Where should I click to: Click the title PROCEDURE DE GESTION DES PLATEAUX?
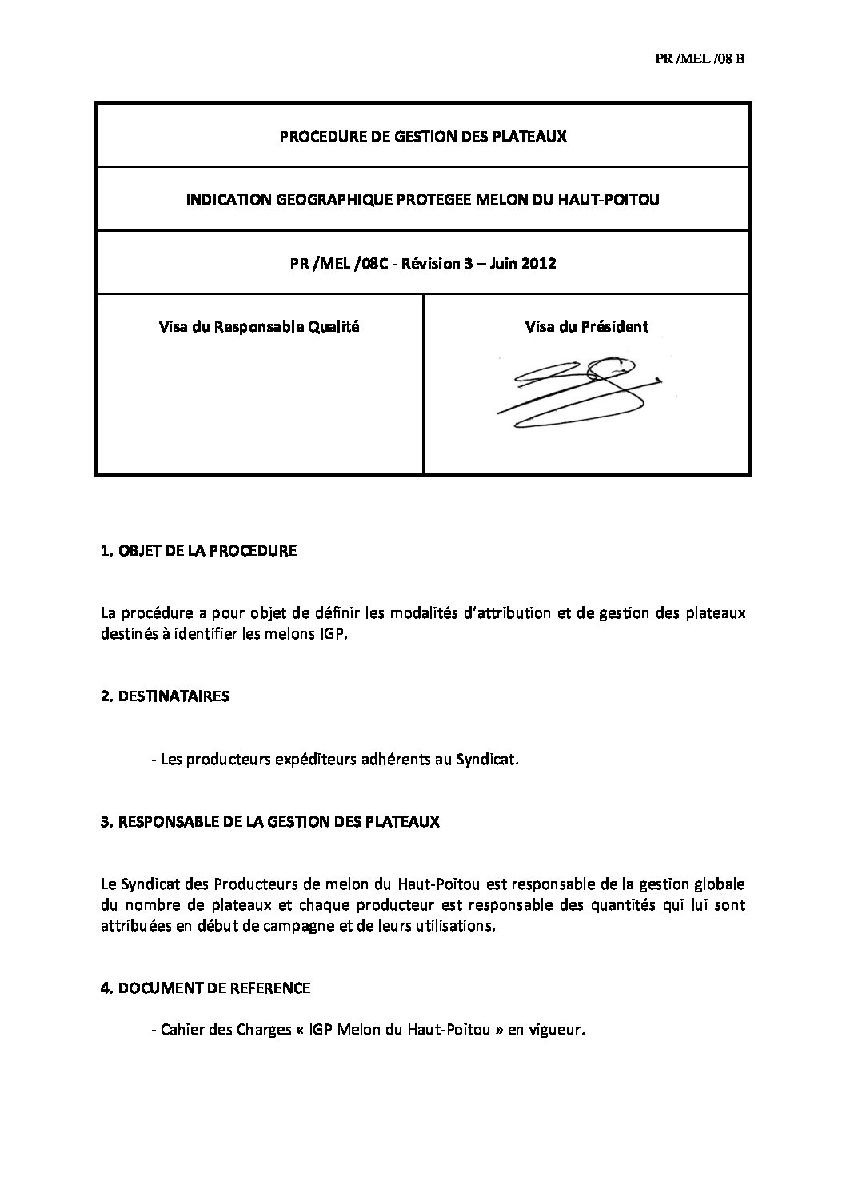click(x=422, y=136)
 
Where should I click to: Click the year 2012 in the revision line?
click(x=540, y=264)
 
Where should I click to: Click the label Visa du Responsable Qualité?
click(x=259, y=326)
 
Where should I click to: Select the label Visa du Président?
click(x=586, y=326)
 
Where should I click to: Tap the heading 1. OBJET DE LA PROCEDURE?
click(x=198, y=551)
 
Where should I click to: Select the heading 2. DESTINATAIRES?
click(x=165, y=696)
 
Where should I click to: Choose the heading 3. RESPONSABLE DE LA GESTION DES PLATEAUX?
click(x=270, y=822)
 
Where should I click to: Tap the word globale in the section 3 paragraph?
click(x=717, y=884)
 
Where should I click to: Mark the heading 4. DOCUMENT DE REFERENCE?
click(x=206, y=988)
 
